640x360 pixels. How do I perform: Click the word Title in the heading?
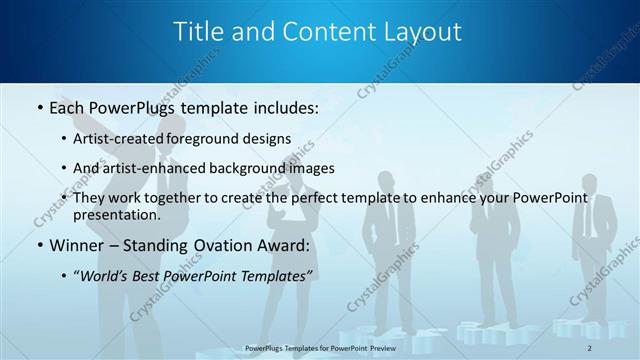200,31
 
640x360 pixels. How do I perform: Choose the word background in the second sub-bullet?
261,168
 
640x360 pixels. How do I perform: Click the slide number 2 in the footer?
590,347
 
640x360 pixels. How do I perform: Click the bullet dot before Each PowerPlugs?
39,105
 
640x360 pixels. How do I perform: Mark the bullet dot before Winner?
39,244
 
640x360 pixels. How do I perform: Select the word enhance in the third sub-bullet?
445,198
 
